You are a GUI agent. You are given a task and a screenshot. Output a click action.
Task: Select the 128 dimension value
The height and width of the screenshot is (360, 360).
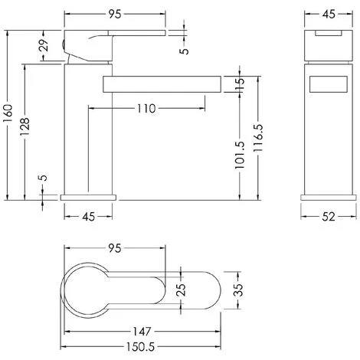coord(26,126)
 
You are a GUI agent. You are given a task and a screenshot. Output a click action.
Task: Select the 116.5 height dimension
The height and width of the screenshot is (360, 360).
coord(260,139)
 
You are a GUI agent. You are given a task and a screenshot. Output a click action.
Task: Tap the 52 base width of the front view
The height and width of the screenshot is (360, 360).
coord(327,217)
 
